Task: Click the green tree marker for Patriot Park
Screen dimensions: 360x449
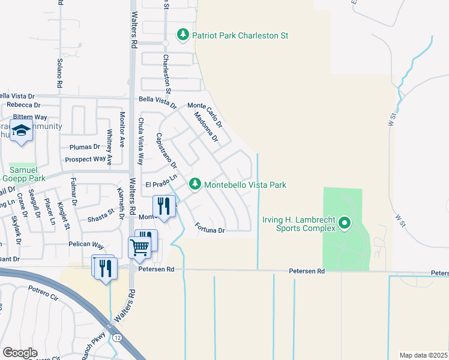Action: tap(183, 35)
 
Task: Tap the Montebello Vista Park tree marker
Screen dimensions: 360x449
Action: tap(194, 185)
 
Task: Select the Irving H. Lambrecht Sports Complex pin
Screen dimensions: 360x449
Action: tap(344, 224)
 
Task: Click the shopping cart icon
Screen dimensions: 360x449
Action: tap(139, 246)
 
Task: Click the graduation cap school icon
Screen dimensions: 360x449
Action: tap(21, 131)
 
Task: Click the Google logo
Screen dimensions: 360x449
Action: tap(20, 353)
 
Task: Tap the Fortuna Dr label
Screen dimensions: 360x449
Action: tap(209, 229)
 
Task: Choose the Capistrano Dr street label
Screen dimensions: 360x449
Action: tap(167, 151)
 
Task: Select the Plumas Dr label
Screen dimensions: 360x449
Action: tap(85, 147)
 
